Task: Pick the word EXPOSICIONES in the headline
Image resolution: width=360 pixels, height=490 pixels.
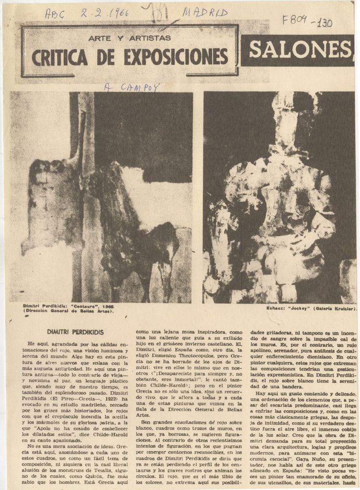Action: (x=176, y=58)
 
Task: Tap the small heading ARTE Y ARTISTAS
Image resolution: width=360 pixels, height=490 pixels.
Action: (x=130, y=37)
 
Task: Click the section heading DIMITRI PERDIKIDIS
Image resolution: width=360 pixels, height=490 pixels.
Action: (x=75, y=332)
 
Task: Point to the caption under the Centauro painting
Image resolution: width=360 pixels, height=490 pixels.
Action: (x=68, y=309)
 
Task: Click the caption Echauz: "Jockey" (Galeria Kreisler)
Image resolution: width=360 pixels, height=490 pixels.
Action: (x=310, y=309)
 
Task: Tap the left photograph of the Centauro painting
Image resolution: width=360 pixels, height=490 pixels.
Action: (x=101, y=197)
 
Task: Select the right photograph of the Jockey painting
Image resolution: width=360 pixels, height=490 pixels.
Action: (x=279, y=197)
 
